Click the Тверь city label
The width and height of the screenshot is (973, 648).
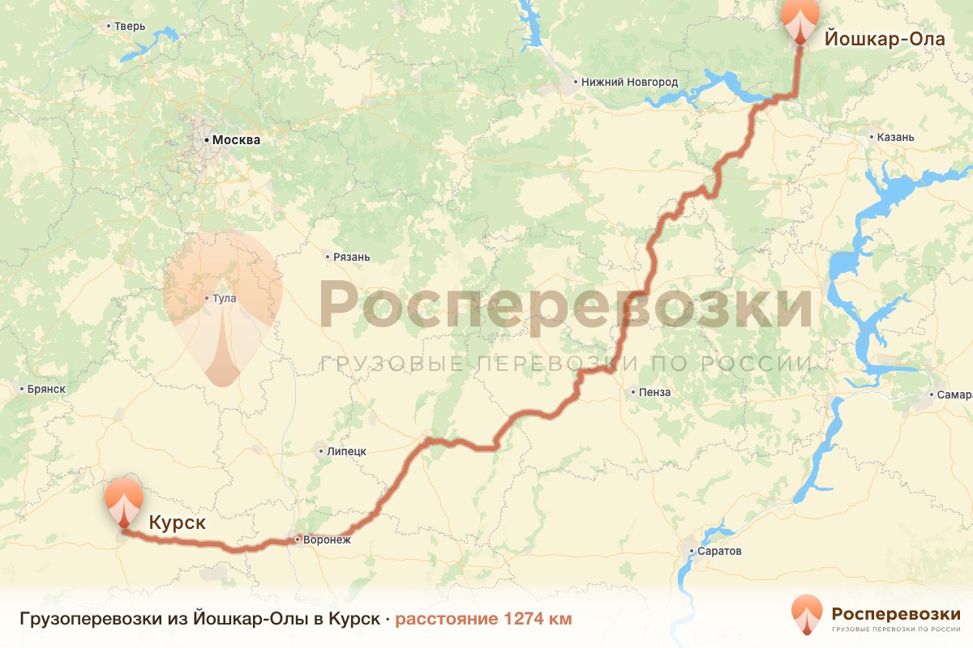(x=129, y=26)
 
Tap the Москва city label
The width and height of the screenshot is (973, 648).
(x=236, y=140)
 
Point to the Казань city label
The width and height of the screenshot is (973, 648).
(x=895, y=137)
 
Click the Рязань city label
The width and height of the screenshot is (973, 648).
(x=351, y=258)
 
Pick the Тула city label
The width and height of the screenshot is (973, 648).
(x=224, y=299)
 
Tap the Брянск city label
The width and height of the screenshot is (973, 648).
(x=45, y=389)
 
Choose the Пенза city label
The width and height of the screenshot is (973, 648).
(x=654, y=393)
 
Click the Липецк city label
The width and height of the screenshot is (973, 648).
(x=346, y=451)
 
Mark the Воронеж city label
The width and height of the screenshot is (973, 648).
(x=327, y=539)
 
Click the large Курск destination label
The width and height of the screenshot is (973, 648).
(x=177, y=523)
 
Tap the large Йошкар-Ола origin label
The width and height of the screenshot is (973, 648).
(x=885, y=37)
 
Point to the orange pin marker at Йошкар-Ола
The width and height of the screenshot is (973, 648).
(x=800, y=20)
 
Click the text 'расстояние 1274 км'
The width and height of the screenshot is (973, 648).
(x=483, y=620)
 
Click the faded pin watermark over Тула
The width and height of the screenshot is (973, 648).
(x=222, y=308)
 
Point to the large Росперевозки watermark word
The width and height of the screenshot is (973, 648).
(x=565, y=305)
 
